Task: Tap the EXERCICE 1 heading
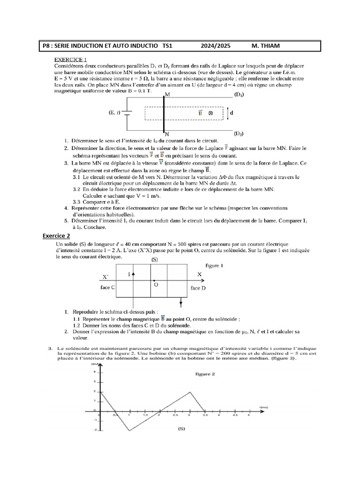coord(71,60)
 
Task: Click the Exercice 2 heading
coord(56,236)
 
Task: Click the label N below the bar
coord(166,134)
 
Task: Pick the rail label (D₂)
coord(239,133)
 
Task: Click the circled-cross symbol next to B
coord(210,113)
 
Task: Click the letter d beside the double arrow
coord(232,113)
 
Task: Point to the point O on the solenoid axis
coord(156,285)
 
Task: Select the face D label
coord(198,287)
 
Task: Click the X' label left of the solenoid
coord(105,277)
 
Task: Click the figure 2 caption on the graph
coord(205,374)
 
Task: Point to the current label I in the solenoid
coord(128,274)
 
